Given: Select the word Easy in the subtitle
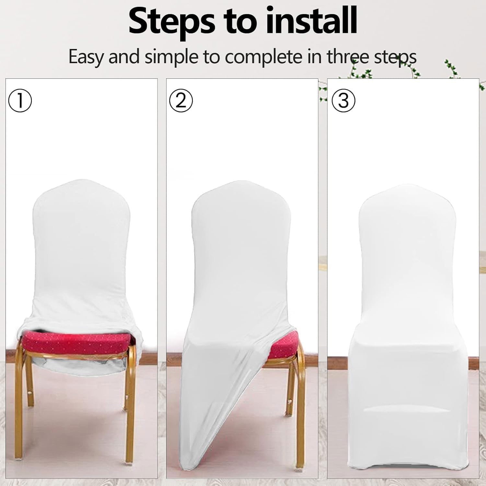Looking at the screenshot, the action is click(87, 57).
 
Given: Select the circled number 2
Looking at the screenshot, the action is click(181, 100).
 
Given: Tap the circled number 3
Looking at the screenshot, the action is click(343, 100).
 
